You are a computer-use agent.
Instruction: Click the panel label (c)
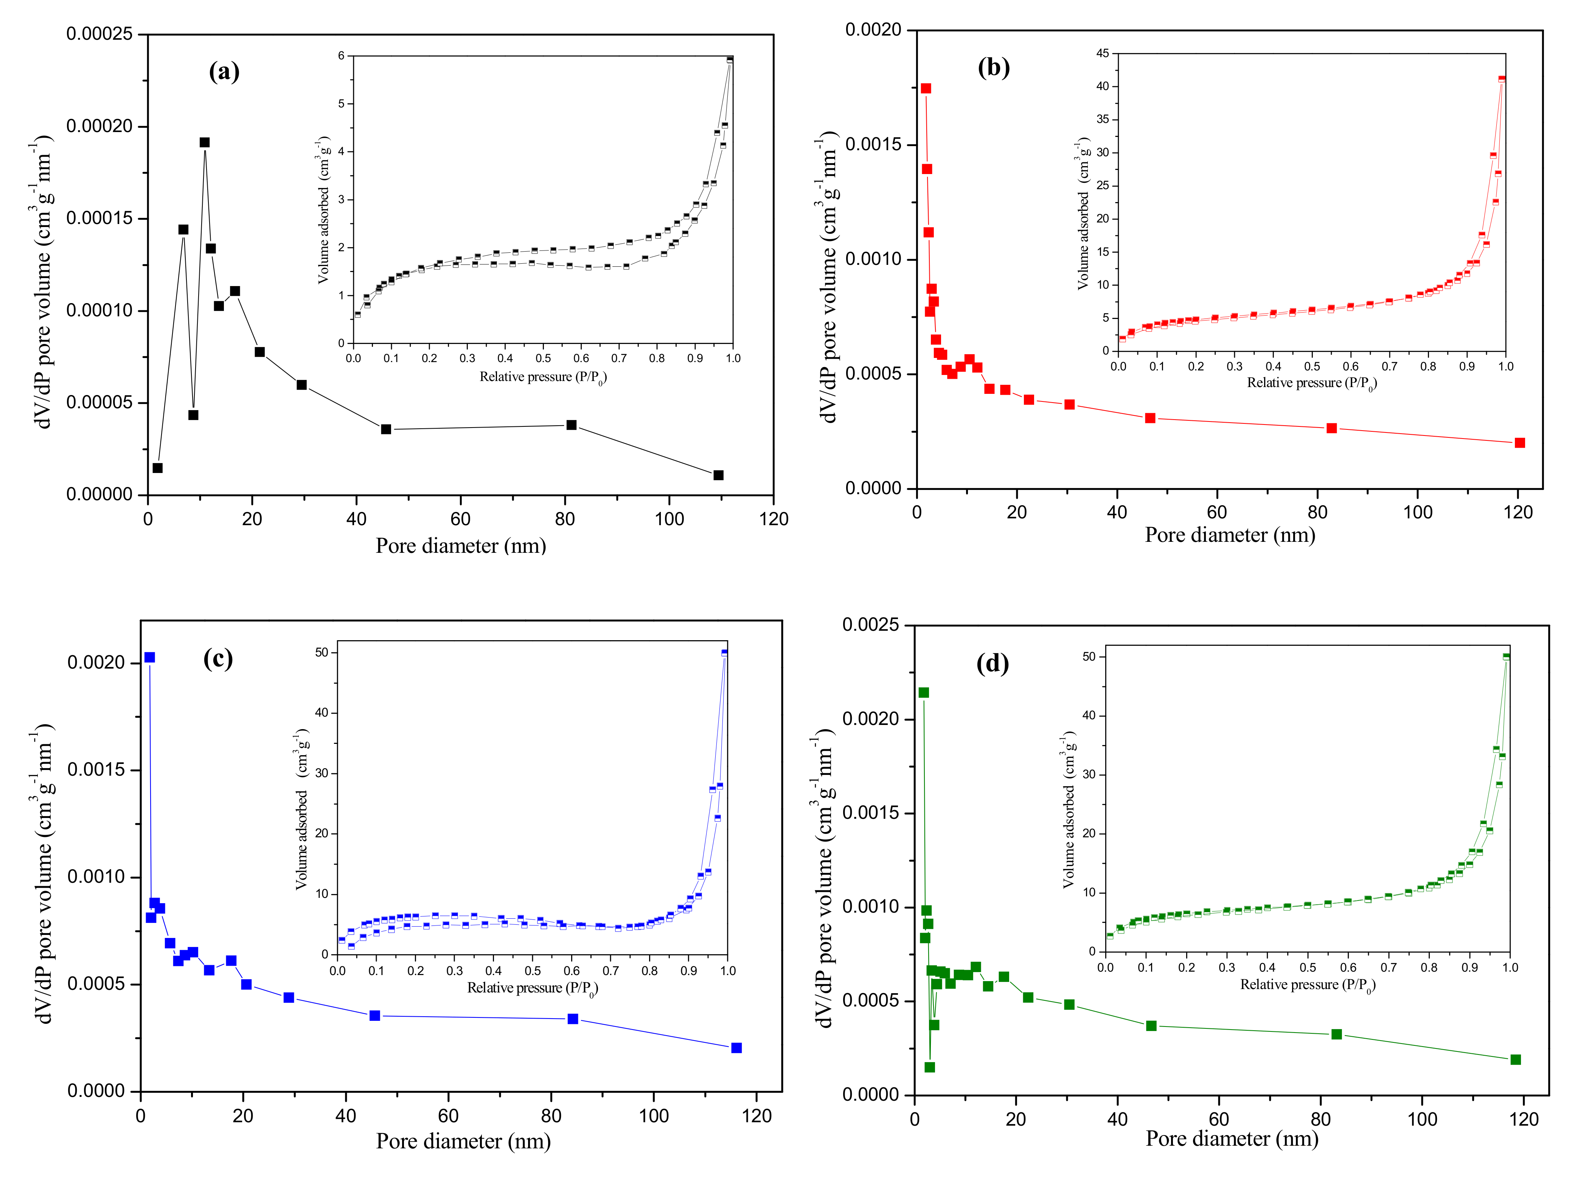point(218,658)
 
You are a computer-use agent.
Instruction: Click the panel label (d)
point(992,664)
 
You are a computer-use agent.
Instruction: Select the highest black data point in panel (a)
point(204,143)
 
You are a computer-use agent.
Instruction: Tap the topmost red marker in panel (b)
point(926,88)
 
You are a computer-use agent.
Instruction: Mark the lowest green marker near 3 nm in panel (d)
point(929,1067)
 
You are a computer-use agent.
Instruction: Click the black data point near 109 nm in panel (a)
point(718,475)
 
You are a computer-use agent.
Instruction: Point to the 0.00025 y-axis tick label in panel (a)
point(100,34)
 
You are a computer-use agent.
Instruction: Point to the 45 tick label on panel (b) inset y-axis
point(1102,53)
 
